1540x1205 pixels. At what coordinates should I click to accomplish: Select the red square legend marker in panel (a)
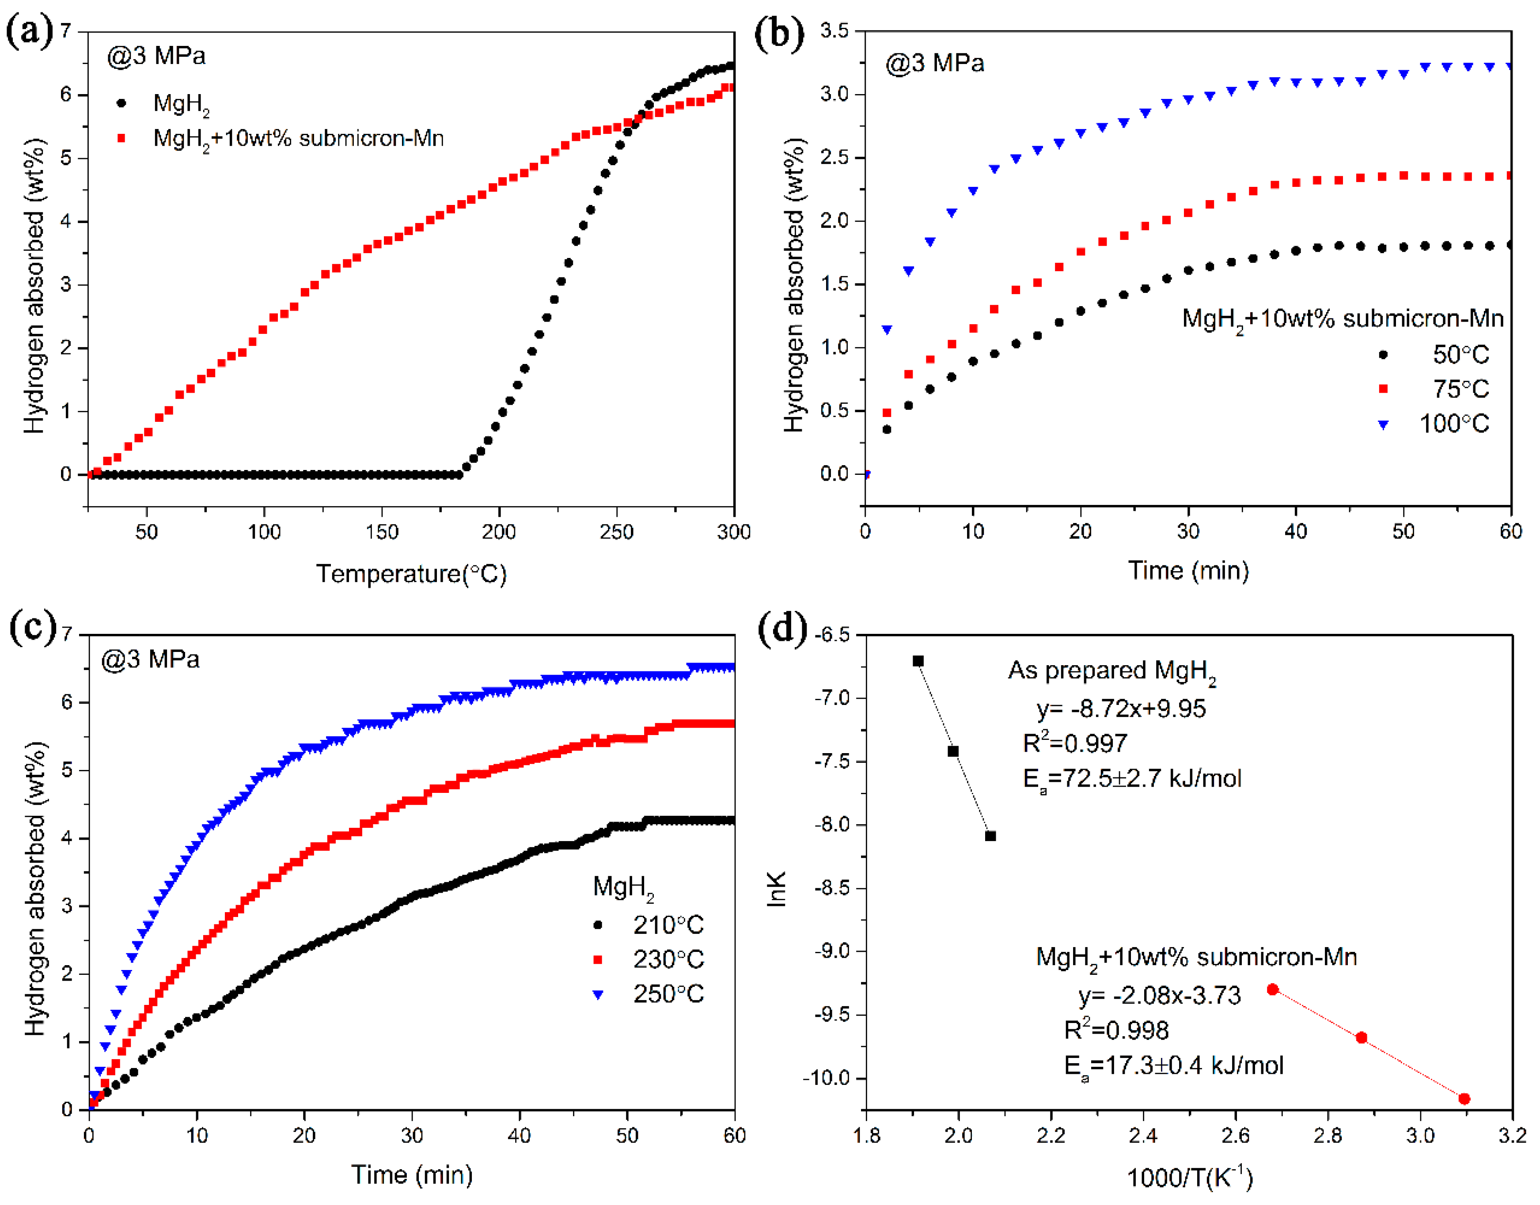121,138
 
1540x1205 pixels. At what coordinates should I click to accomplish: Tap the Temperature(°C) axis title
411,574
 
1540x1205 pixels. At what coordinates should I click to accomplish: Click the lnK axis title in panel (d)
776,889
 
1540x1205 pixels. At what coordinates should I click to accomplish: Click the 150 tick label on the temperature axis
382,532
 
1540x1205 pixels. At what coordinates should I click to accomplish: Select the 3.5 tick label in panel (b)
834,31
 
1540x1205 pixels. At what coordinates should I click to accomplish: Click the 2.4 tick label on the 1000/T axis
1143,1135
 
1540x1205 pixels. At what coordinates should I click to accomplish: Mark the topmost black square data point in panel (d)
918,661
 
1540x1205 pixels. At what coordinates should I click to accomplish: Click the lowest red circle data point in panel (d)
1464,1099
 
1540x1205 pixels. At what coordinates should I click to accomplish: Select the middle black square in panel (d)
953,751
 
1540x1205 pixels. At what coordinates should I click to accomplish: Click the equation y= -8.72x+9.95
1121,709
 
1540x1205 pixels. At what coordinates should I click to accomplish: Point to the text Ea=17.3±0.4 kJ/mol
1173,1065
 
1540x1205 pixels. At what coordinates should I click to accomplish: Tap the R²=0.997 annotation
1075,743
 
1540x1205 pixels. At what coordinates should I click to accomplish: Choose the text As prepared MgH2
1112,671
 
